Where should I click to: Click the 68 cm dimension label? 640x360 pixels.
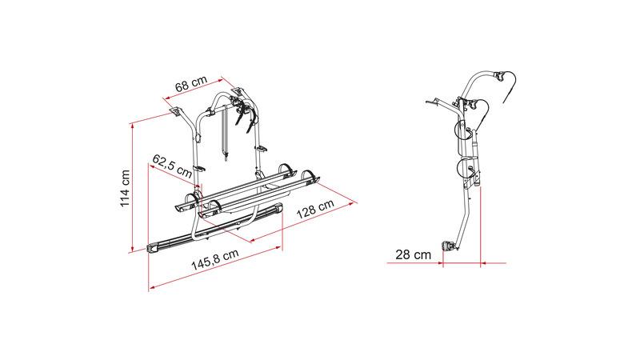pyautogui.click(x=191, y=84)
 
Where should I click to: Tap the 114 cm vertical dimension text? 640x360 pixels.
pyautogui.click(x=125, y=188)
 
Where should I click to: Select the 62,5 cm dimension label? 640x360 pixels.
pyautogui.click(x=172, y=166)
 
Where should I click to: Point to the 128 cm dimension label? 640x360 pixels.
pyautogui.click(x=314, y=209)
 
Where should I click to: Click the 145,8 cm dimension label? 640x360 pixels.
pyautogui.click(x=215, y=259)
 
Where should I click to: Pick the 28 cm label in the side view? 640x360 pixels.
pyautogui.click(x=413, y=254)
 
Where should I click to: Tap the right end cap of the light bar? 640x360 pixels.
pyautogui.click(x=278, y=208)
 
